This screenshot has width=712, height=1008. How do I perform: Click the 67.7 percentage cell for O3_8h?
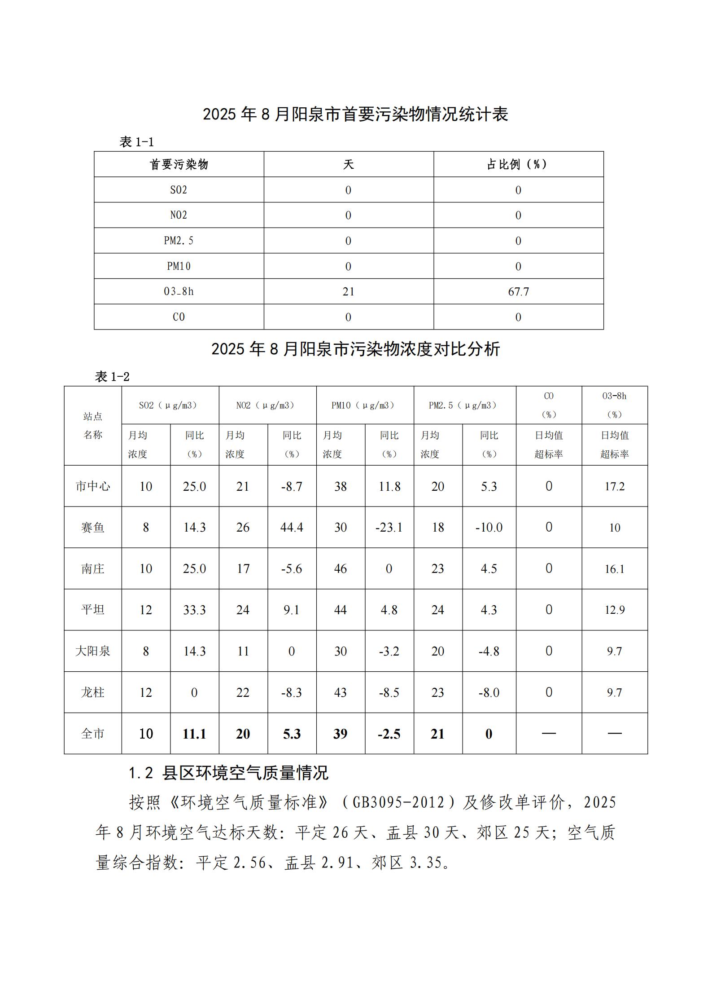[x=518, y=292]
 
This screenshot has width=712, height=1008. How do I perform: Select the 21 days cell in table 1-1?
[x=348, y=292]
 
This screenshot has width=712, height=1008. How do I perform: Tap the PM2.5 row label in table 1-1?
[x=179, y=241]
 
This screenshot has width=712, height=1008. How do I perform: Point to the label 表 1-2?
[x=112, y=376]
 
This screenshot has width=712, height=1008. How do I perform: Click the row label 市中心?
[x=93, y=486]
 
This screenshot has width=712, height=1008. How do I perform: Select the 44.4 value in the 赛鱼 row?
[x=292, y=527]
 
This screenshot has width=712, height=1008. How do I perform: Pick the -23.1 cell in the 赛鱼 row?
[x=389, y=527]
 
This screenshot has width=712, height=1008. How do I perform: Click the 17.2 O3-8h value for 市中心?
[x=614, y=486]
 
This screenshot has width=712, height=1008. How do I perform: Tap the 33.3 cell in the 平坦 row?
[x=194, y=610]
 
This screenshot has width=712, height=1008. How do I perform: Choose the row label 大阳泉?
[x=93, y=651]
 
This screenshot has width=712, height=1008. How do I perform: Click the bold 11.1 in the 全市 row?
[x=194, y=734]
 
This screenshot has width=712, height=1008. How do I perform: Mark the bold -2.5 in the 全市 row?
[x=389, y=734]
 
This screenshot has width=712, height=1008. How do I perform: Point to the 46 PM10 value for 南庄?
[x=341, y=568]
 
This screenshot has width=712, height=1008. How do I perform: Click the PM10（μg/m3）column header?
[x=365, y=405]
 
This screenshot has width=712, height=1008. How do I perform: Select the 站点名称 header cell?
[x=93, y=426]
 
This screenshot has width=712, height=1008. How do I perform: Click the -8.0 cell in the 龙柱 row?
[x=489, y=692]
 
